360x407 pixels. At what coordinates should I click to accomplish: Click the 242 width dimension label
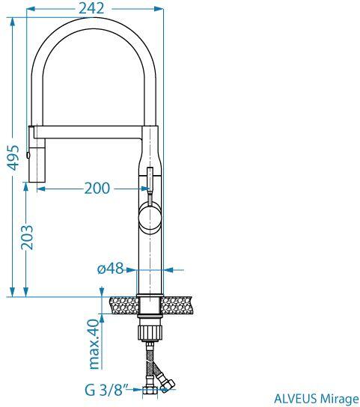coord(91,8)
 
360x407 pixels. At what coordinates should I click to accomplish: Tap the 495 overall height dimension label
coord(13,158)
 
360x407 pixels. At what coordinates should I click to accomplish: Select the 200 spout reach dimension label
coord(97,189)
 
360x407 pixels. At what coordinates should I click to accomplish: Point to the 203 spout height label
coord(27,237)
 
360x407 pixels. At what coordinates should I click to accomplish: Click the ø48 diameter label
coord(110,269)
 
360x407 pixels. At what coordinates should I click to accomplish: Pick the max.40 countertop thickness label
coord(94,344)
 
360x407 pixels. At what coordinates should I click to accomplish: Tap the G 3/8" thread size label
coord(107,390)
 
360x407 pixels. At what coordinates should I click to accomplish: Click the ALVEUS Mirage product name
coord(317,399)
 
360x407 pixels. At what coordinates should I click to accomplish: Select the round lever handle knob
coord(150,216)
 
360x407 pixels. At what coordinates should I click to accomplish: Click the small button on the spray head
coord(28,155)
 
